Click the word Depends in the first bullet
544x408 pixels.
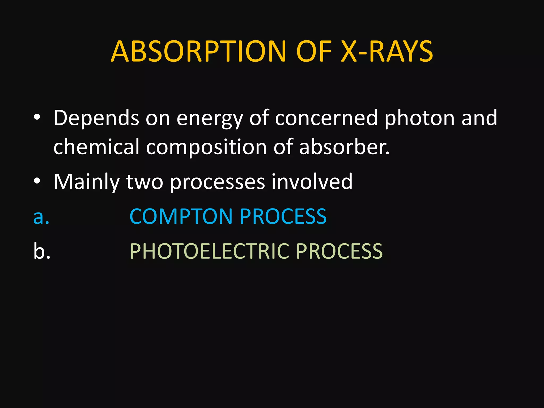(96, 118)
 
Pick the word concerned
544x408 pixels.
(326, 118)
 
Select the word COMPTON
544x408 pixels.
(181, 216)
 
